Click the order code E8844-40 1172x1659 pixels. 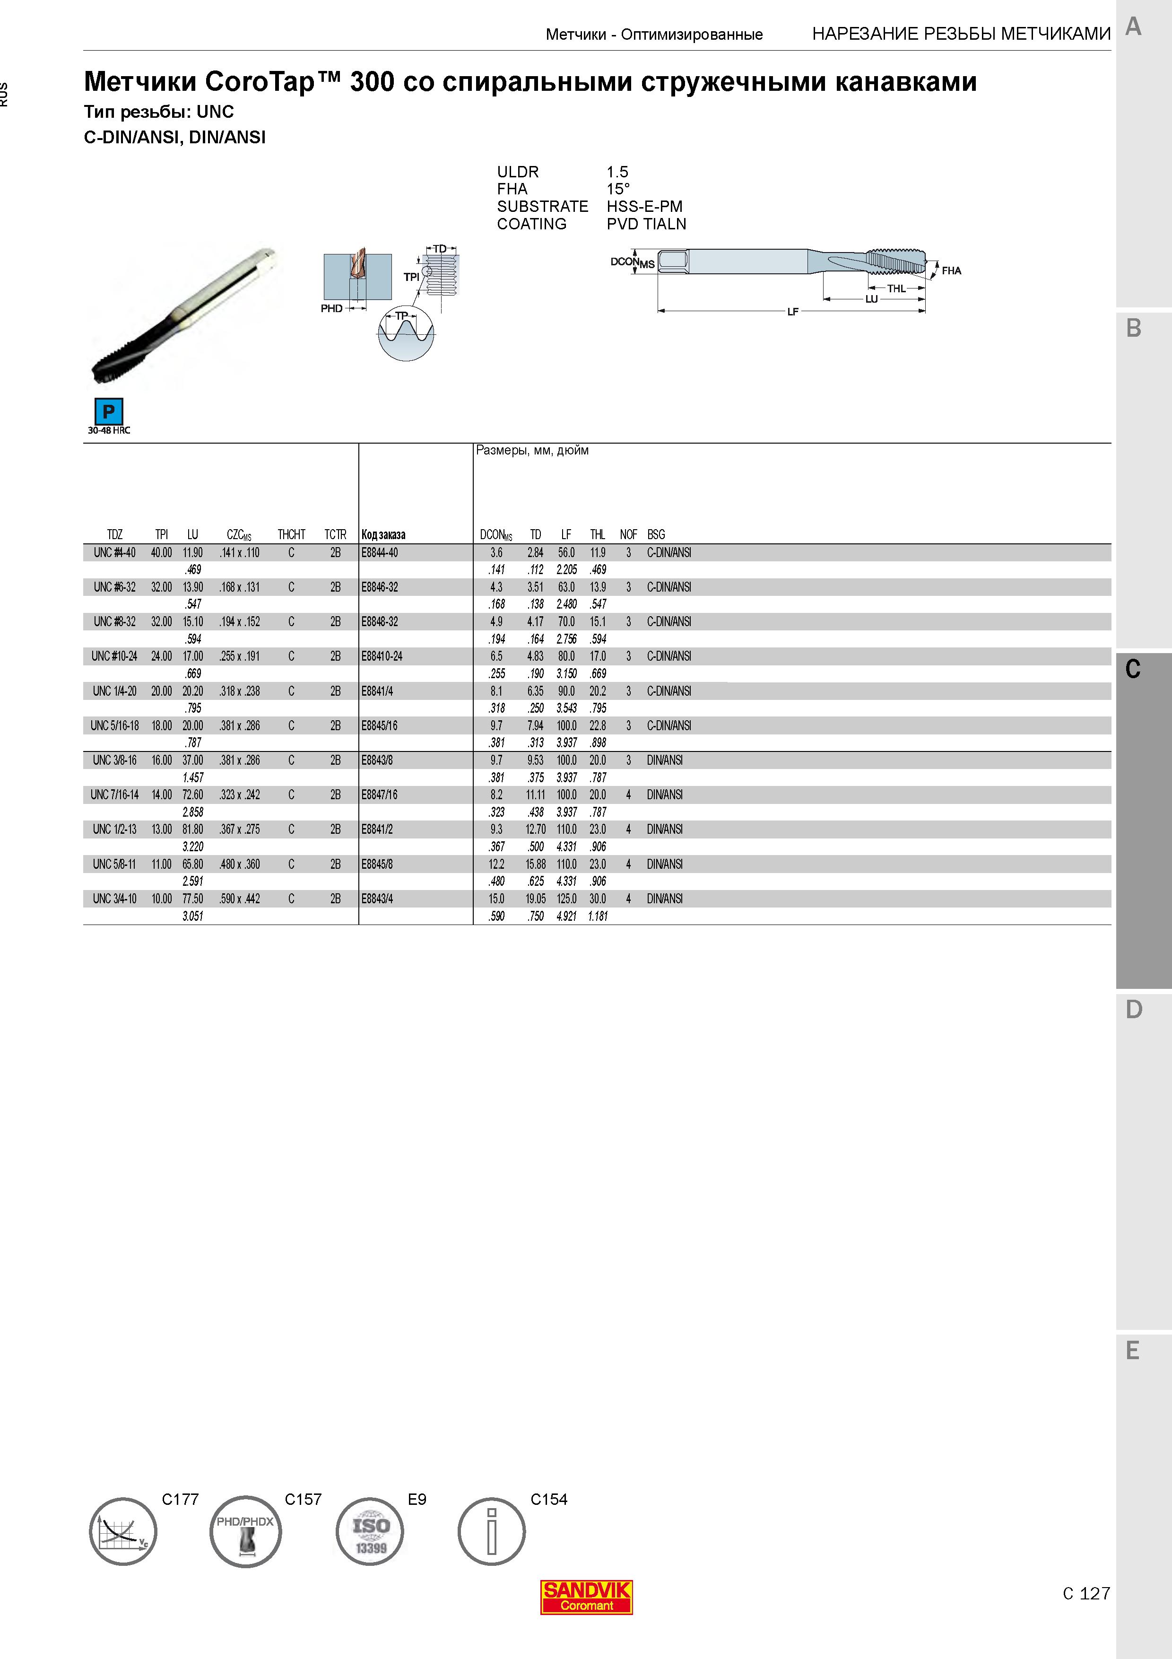tap(380, 553)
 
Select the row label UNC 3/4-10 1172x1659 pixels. tap(114, 899)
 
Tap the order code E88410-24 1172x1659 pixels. tap(382, 656)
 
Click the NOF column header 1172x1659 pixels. tap(628, 535)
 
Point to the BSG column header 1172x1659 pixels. tap(656, 535)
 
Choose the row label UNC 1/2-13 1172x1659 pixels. tap(114, 829)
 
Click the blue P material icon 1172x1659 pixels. tap(108, 412)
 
